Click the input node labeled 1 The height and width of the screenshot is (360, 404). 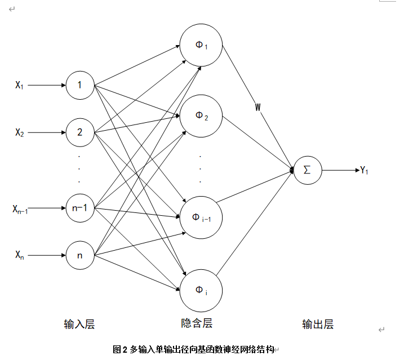click(x=79, y=86)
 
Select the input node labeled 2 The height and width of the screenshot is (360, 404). click(x=79, y=133)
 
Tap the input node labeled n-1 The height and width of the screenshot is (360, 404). click(x=79, y=208)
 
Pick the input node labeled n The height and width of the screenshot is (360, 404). click(x=79, y=256)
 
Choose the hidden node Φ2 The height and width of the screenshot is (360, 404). click(x=201, y=117)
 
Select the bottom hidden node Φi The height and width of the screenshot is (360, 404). click(x=201, y=290)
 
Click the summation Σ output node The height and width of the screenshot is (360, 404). click(x=308, y=170)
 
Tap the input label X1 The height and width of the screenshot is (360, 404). click(x=20, y=86)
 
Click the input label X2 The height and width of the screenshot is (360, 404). click(x=20, y=133)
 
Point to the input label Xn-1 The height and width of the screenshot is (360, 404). click(x=20, y=209)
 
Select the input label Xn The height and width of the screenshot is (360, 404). click(x=20, y=256)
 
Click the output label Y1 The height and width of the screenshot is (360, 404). click(x=364, y=170)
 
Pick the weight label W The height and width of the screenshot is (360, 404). click(x=258, y=107)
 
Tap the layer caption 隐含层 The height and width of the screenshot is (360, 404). click(x=197, y=323)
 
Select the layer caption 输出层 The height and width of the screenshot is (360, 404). click(x=318, y=324)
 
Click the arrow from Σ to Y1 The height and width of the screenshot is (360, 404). click(x=340, y=170)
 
